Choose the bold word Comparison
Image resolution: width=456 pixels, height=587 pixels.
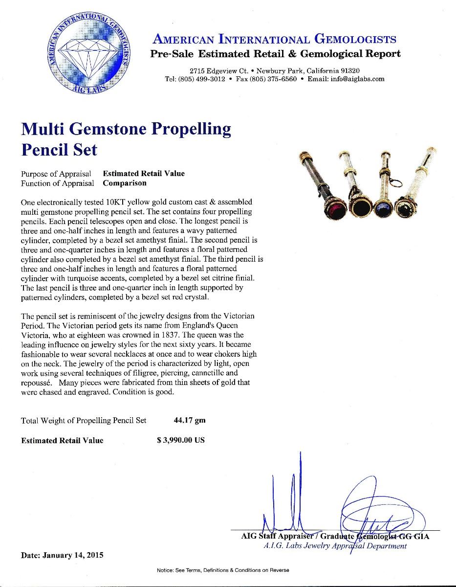(125, 183)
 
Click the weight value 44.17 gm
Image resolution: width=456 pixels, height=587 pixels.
(190, 420)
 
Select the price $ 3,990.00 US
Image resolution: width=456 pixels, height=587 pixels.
(181, 440)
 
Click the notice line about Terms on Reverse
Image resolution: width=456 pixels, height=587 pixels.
(223, 570)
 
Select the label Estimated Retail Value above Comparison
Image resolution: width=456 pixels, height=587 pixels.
(144, 174)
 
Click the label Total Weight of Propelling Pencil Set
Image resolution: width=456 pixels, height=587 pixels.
(84, 420)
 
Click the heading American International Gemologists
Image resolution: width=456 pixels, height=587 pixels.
(274, 39)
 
